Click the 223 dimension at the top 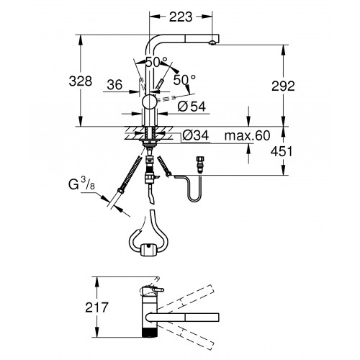click(181, 17)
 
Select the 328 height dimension click(81, 81)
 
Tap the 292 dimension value click(283, 86)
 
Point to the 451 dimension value click(282, 151)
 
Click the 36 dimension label click(114, 85)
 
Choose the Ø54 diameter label click(192, 107)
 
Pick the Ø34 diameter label click(196, 136)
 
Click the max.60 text click(247, 135)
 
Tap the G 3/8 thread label click(81, 185)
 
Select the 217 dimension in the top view click(97, 307)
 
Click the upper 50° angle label click(156, 63)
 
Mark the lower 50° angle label click(184, 80)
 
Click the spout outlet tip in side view click(212, 43)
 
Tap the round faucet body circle click(150, 102)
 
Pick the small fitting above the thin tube click(199, 164)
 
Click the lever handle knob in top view click(158, 290)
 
